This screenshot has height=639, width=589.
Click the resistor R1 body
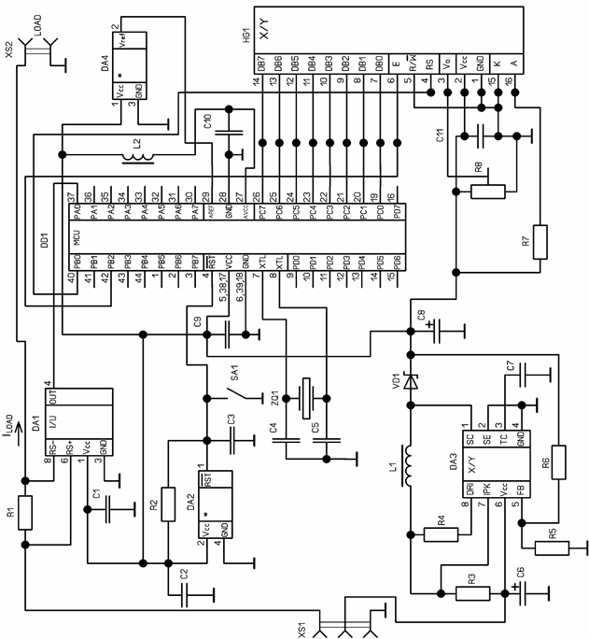coord(26,513)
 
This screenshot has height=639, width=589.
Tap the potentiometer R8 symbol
coord(486,192)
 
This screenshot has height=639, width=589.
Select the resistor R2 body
coord(168,504)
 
